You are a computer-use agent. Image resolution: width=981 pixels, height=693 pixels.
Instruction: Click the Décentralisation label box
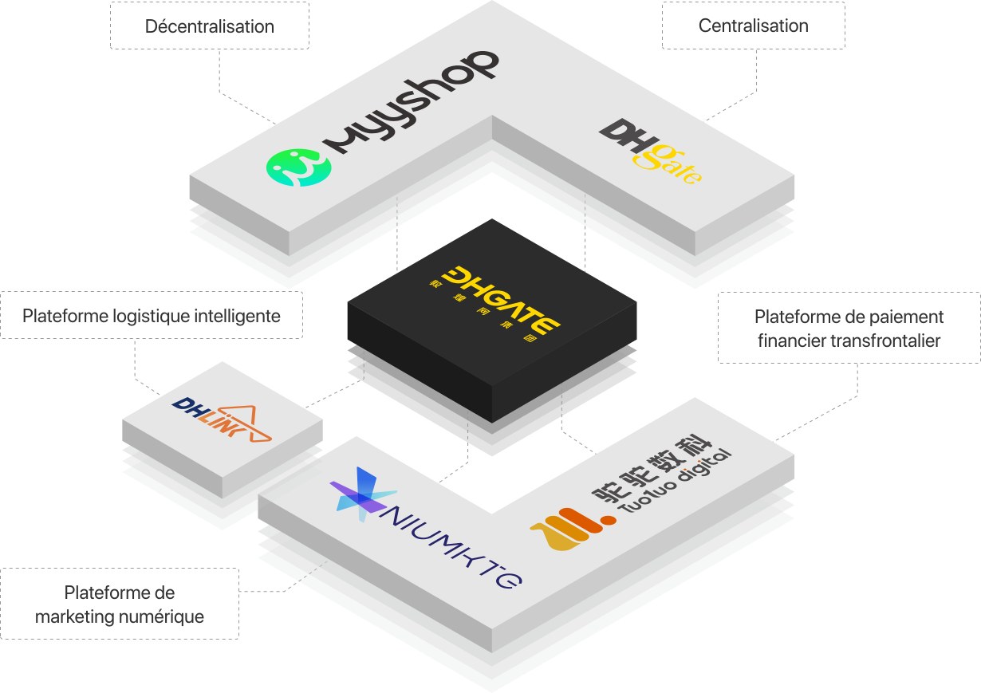(x=209, y=26)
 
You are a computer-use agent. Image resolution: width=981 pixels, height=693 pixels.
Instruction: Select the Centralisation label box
(x=753, y=26)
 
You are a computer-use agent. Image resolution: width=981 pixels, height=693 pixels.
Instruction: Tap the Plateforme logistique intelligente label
(x=152, y=316)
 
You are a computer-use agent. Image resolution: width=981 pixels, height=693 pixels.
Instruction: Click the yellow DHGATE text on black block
(x=500, y=299)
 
